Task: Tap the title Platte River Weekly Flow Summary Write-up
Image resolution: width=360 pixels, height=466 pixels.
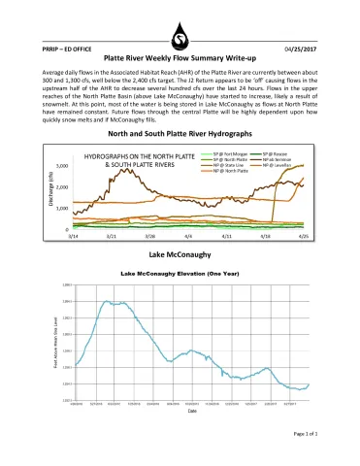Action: point(180,58)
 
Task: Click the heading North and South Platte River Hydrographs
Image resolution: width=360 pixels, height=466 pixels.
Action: point(180,132)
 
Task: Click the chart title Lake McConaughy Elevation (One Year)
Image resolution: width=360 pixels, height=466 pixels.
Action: point(180,275)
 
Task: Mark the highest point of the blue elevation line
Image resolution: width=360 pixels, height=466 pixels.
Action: point(107,301)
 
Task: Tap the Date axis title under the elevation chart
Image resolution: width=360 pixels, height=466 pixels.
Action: point(180,411)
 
